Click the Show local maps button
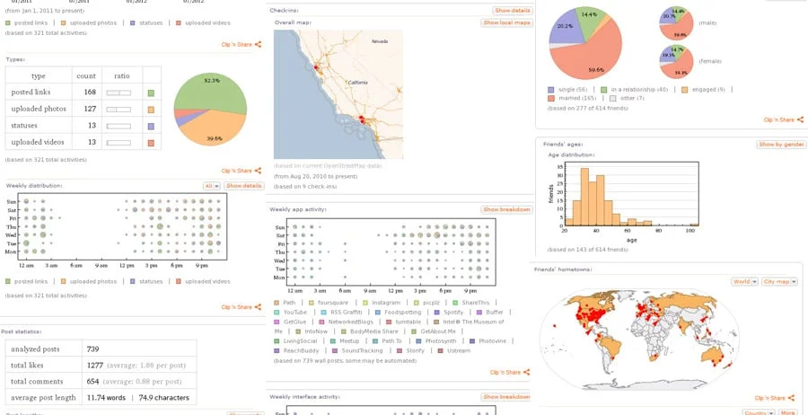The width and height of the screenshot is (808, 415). [x=506, y=22]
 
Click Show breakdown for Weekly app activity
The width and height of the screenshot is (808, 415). [x=506, y=209]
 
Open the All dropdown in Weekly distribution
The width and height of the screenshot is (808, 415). [x=211, y=186]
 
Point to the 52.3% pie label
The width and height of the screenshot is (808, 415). [x=212, y=81]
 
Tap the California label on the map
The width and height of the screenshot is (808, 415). [x=357, y=82]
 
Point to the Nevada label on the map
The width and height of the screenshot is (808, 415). [x=381, y=40]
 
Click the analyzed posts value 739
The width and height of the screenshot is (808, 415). [x=92, y=349]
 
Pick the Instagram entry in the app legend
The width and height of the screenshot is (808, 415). [x=386, y=303]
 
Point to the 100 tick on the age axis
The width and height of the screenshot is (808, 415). [x=689, y=231]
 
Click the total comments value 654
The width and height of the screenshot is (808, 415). [x=92, y=382]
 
